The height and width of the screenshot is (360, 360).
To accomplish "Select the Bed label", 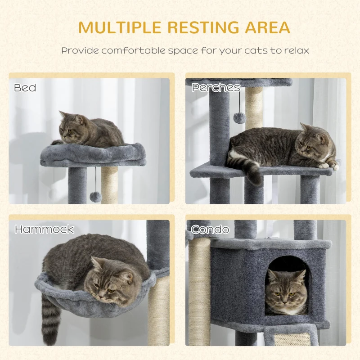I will [25, 87].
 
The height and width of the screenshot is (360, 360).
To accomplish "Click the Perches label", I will [216, 87].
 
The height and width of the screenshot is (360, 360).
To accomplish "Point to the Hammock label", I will [44, 229].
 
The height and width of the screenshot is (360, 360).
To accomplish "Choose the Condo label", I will [210, 229].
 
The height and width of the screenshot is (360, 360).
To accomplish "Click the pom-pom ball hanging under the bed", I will [95, 196].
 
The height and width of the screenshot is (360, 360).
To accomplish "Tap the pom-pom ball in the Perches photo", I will [239, 117].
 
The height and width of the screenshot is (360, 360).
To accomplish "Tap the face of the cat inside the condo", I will [285, 290].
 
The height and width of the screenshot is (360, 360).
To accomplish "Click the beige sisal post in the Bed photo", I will [109, 184].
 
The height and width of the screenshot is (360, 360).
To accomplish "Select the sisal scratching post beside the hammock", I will [158, 310].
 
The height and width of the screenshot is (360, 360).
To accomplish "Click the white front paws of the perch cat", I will [328, 165].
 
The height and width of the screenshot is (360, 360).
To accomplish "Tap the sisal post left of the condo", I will [200, 288].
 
